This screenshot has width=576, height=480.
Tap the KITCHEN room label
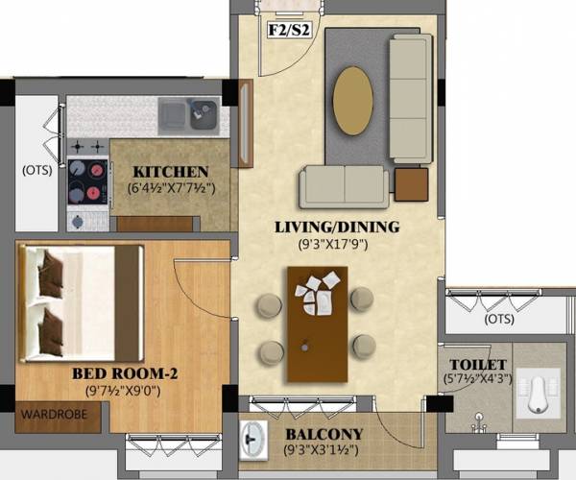[171, 171]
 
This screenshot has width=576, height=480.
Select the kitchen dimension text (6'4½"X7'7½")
[171, 188]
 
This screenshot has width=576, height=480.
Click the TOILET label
[470, 366]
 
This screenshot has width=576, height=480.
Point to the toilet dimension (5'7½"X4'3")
[470, 381]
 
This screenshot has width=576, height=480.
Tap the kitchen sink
[204, 115]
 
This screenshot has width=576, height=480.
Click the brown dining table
[316, 322]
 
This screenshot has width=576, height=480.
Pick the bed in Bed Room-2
[81, 301]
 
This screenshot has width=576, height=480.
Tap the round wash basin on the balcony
[255, 440]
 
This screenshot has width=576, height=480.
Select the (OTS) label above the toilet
[498, 319]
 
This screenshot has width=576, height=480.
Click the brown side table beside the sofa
[411, 183]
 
